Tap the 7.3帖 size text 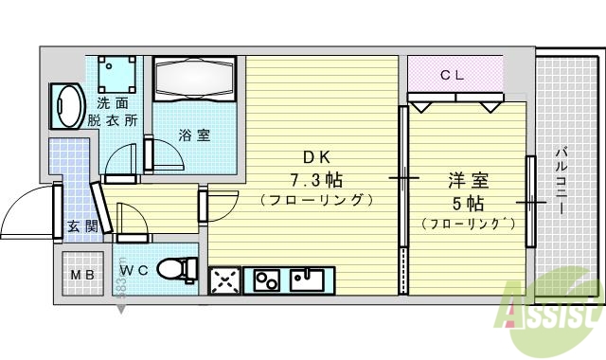point(315,179)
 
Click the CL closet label point(453,74)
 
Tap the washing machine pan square point(117,73)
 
